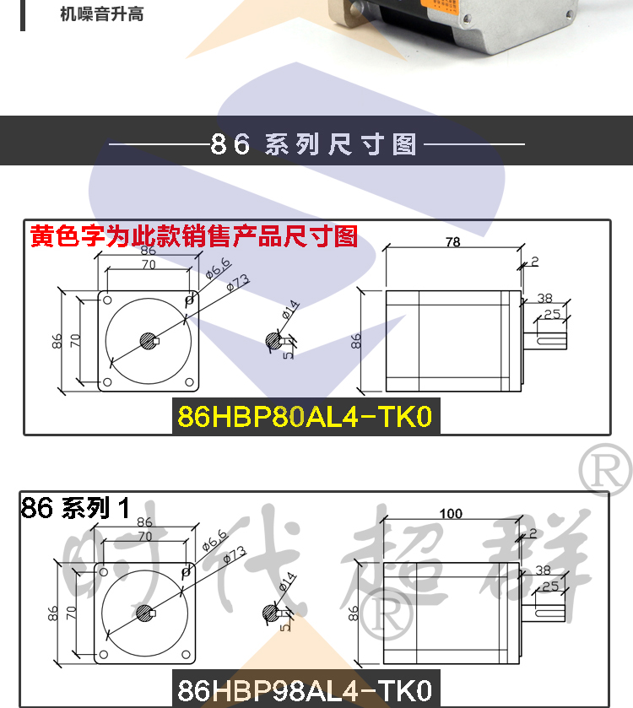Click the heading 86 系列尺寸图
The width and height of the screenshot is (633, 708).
(x=316, y=144)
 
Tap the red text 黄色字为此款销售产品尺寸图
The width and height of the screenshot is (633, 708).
(x=194, y=235)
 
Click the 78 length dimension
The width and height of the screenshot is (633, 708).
(x=452, y=242)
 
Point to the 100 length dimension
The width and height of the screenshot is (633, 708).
(x=452, y=513)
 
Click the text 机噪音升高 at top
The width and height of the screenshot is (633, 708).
(x=102, y=14)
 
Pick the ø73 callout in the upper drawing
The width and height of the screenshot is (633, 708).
(x=237, y=285)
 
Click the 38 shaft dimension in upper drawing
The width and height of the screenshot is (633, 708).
(x=544, y=298)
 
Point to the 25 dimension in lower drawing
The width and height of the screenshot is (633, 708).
(x=551, y=585)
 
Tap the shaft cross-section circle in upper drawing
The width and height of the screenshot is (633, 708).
(x=273, y=341)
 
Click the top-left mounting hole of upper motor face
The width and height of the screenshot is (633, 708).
(x=108, y=299)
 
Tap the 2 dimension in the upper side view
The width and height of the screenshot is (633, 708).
(x=534, y=262)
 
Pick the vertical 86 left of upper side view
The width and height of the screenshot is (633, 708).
(x=357, y=341)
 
